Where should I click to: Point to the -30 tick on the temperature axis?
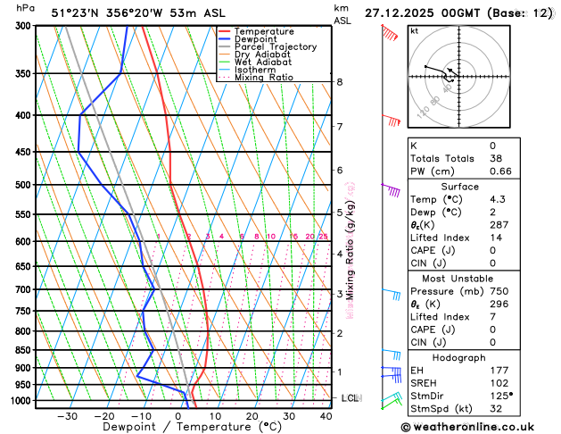coord(67,416)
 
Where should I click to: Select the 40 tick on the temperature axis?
coord(326,416)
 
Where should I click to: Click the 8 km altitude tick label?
coord(339,82)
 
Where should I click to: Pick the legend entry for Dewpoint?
coord(257,39)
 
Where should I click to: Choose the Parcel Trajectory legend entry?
coord(275,47)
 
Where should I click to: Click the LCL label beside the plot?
coord(350,397)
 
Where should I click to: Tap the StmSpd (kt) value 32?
coord(495,409)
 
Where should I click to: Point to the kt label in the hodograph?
coord(414,30)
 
